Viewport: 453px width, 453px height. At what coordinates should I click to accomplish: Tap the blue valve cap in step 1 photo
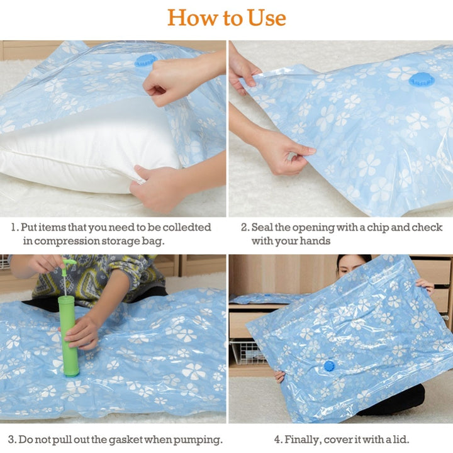pos(145,60)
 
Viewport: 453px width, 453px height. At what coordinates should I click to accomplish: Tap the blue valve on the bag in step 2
pos(420,79)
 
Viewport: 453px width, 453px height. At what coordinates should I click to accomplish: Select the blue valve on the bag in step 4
pos(328,366)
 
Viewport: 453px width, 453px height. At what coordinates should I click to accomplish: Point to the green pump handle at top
pos(68,261)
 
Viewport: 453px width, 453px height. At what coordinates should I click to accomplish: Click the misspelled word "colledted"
pos(187,227)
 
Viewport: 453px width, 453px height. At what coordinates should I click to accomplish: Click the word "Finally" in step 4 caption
pos(304,439)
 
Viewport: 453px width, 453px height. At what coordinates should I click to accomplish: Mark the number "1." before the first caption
pos(14,227)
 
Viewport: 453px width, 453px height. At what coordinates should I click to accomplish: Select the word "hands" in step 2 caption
pos(314,241)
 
